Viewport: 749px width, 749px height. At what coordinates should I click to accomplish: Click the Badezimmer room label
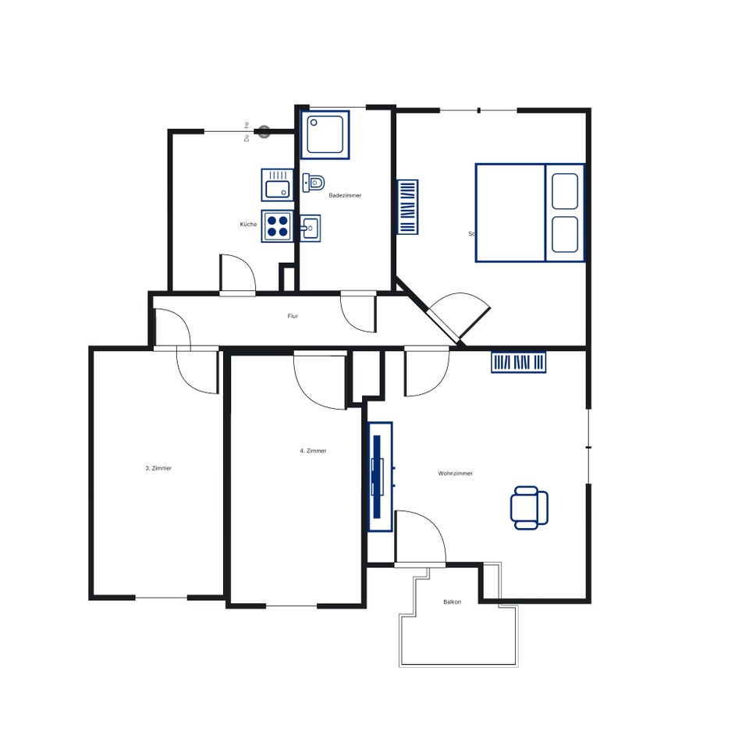pyautogui.click(x=345, y=195)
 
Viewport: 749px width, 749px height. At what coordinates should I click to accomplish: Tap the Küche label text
pyautogui.click(x=248, y=225)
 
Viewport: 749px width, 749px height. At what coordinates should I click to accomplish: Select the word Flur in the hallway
pyautogui.click(x=293, y=316)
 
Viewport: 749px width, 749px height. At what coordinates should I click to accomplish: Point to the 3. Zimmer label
pyautogui.click(x=158, y=468)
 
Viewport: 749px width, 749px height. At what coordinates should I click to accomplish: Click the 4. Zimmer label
pyautogui.click(x=313, y=451)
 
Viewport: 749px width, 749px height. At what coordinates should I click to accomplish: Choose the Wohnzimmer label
pyautogui.click(x=455, y=474)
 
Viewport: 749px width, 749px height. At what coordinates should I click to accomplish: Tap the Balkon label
pyautogui.click(x=452, y=602)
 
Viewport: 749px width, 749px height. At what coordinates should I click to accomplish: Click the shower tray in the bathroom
pyautogui.click(x=325, y=134)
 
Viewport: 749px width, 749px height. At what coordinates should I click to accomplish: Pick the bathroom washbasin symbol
pyautogui.click(x=311, y=229)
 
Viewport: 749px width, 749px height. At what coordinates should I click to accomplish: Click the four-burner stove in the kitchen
pyautogui.click(x=277, y=226)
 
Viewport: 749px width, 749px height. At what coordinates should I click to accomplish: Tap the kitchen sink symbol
pyautogui.click(x=276, y=185)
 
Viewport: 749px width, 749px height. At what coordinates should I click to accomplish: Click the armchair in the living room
pyautogui.click(x=529, y=507)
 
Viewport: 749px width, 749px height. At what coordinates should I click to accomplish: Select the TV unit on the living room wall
pyautogui.click(x=380, y=476)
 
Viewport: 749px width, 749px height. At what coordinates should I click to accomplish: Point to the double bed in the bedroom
pyautogui.click(x=530, y=212)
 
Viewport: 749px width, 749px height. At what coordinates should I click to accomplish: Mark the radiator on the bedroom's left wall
pyautogui.click(x=408, y=207)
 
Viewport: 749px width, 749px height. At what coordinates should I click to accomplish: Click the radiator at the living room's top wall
pyautogui.click(x=519, y=362)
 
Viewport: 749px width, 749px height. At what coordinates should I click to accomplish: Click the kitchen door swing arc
pyautogui.click(x=237, y=273)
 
